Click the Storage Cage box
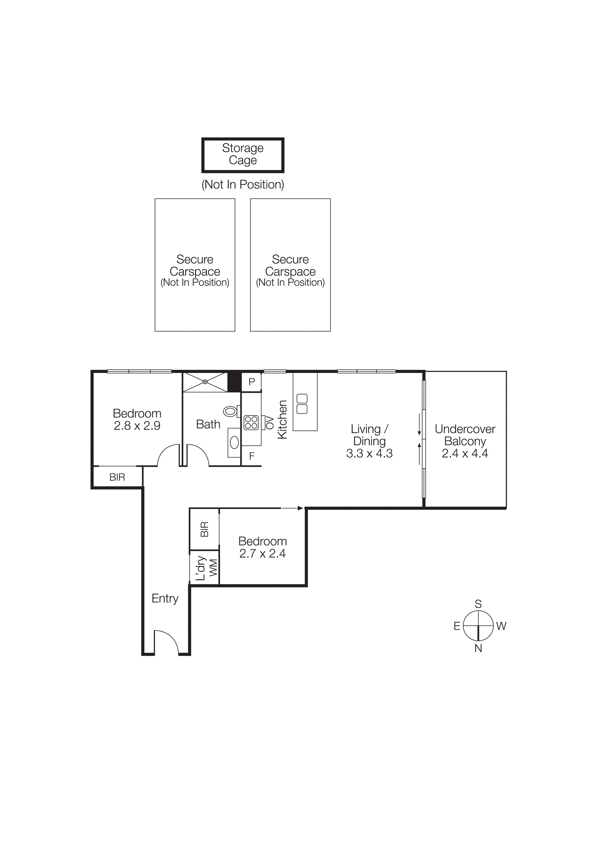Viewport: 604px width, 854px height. pyautogui.click(x=243, y=155)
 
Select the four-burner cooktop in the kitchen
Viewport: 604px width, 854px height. pyautogui.click(x=251, y=423)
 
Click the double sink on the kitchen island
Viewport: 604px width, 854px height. pyautogui.click(x=302, y=404)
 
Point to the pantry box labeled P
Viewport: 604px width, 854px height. pyautogui.click(x=252, y=382)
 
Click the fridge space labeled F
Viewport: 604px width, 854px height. pyautogui.click(x=252, y=456)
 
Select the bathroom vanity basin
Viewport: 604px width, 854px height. pyautogui.click(x=234, y=442)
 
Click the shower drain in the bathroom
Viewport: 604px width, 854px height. pyautogui.click(x=205, y=382)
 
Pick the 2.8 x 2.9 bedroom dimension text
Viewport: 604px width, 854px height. pyautogui.click(x=137, y=426)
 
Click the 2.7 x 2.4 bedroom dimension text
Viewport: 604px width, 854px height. pyautogui.click(x=262, y=553)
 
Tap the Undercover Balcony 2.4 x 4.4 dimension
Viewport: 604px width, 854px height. pyautogui.click(x=465, y=453)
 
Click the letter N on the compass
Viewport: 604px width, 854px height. pyautogui.click(x=478, y=648)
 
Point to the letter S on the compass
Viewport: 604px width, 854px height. pyautogui.click(x=478, y=604)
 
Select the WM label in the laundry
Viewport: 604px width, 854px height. pyautogui.click(x=213, y=568)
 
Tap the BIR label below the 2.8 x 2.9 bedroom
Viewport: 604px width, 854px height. pyautogui.click(x=117, y=477)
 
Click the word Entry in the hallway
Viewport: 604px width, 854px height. pyautogui.click(x=165, y=598)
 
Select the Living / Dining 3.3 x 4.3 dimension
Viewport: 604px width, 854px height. pyautogui.click(x=369, y=453)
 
